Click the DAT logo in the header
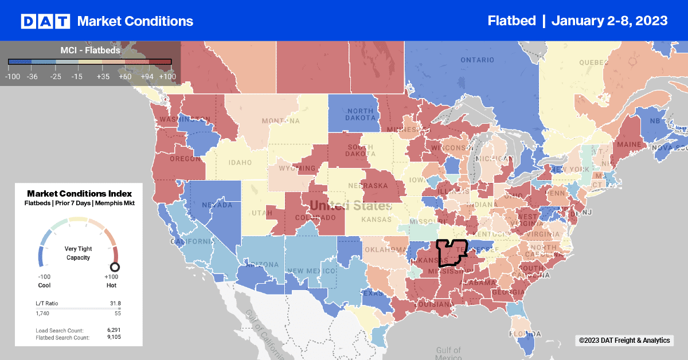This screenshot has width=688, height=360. pyautogui.click(x=45, y=21)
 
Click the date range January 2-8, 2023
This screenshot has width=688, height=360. pyautogui.click(x=609, y=21)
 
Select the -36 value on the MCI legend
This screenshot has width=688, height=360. pyautogui.click(x=32, y=76)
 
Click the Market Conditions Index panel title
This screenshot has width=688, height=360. pyautogui.click(x=80, y=194)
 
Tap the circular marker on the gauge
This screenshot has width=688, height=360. pyautogui.click(x=115, y=267)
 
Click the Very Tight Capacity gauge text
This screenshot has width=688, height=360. pyautogui.click(x=79, y=253)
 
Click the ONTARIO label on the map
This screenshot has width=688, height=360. pyautogui.click(x=476, y=60)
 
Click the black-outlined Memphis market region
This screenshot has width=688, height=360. pyautogui.click(x=451, y=252)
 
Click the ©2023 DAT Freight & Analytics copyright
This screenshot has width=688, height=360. pyautogui.click(x=624, y=341)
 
